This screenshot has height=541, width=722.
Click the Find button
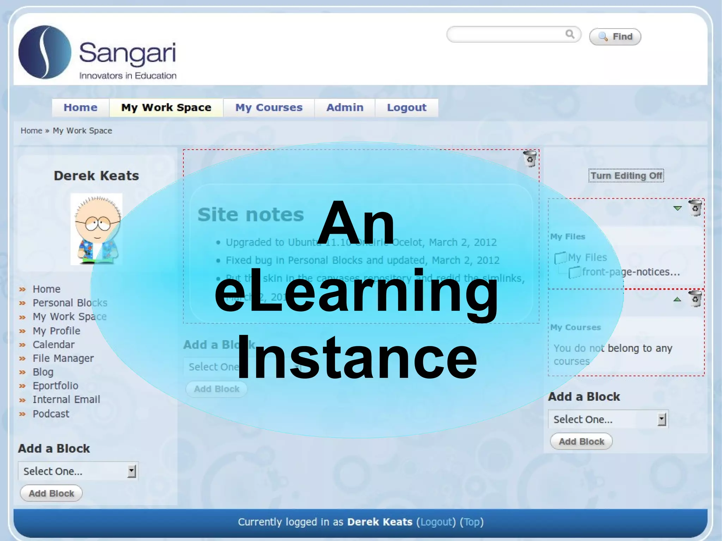(x=615, y=37)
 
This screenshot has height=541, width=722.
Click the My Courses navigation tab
(x=269, y=107)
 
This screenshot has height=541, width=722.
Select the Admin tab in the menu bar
(x=344, y=107)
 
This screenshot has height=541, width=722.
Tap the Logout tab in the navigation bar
(x=406, y=107)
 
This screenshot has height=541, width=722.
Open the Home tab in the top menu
(x=80, y=107)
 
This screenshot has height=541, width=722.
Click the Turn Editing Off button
(x=626, y=176)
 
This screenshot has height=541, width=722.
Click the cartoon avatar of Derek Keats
(x=97, y=229)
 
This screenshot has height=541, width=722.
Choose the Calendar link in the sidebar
(x=54, y=344)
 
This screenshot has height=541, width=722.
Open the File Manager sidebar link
(x=63, y=358)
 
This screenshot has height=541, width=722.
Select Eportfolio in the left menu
(x=55, y=386)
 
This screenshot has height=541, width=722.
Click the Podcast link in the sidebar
(x=51, y=413)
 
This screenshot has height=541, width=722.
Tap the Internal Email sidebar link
(x=66, y=399)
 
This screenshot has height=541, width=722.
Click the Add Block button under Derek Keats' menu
(x=51, y=493)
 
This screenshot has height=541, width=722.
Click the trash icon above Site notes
(x=530, y=159)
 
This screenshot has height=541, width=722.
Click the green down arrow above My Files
(x=677, y=208)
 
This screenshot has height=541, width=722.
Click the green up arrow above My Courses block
(x=677, y=300)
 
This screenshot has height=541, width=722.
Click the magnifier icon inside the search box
(x=570, y=34)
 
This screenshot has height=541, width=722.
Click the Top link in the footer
(x=472, y=522)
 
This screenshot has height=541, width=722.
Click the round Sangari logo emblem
(x=45, y=52)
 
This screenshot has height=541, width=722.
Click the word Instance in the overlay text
(x=357, y=358)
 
